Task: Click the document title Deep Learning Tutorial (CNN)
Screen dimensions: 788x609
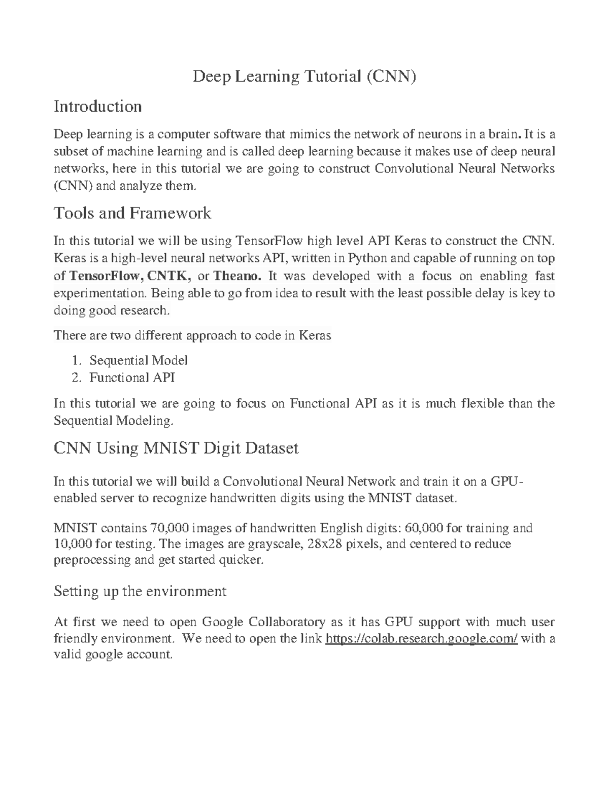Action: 304,77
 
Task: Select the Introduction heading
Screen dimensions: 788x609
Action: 97,107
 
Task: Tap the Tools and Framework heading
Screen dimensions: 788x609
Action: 132,213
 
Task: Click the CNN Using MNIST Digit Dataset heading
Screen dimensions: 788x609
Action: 176,448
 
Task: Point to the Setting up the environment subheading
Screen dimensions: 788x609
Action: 140,591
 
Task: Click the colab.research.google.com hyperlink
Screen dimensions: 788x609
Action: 421,638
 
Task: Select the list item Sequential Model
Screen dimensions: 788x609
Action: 138,360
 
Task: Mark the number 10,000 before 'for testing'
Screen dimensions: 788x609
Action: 73,544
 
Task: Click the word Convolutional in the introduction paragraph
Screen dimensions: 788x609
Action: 413,168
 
